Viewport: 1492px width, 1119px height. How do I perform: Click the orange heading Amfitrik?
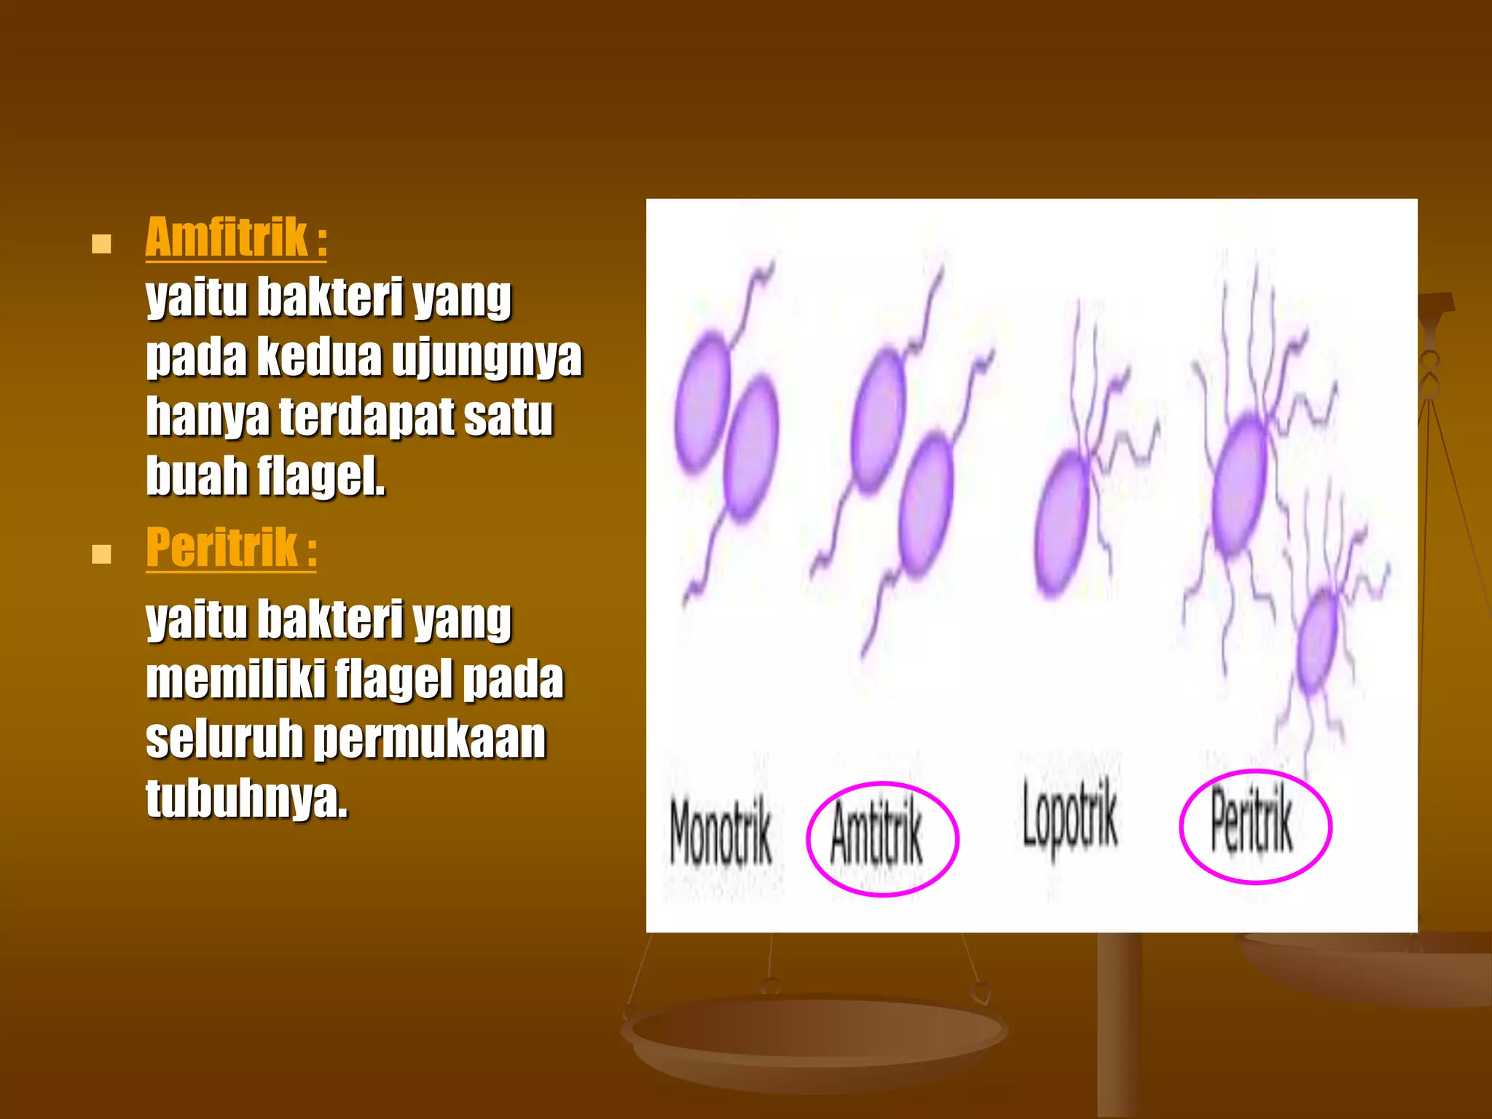[227, 237]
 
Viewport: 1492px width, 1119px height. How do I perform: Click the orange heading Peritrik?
[221, 548]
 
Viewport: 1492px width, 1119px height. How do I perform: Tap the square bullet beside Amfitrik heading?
[101, 243]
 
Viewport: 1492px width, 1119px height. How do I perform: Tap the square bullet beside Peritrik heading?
[101, 554]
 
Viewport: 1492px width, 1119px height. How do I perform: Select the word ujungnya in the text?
[487, 358]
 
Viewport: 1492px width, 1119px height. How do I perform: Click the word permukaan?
[430, 739]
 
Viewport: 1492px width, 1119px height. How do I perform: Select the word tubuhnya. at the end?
[246, 798]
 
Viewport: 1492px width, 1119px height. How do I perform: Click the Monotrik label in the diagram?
[720, 832]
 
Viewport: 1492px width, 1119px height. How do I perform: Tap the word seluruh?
[224, 739]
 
